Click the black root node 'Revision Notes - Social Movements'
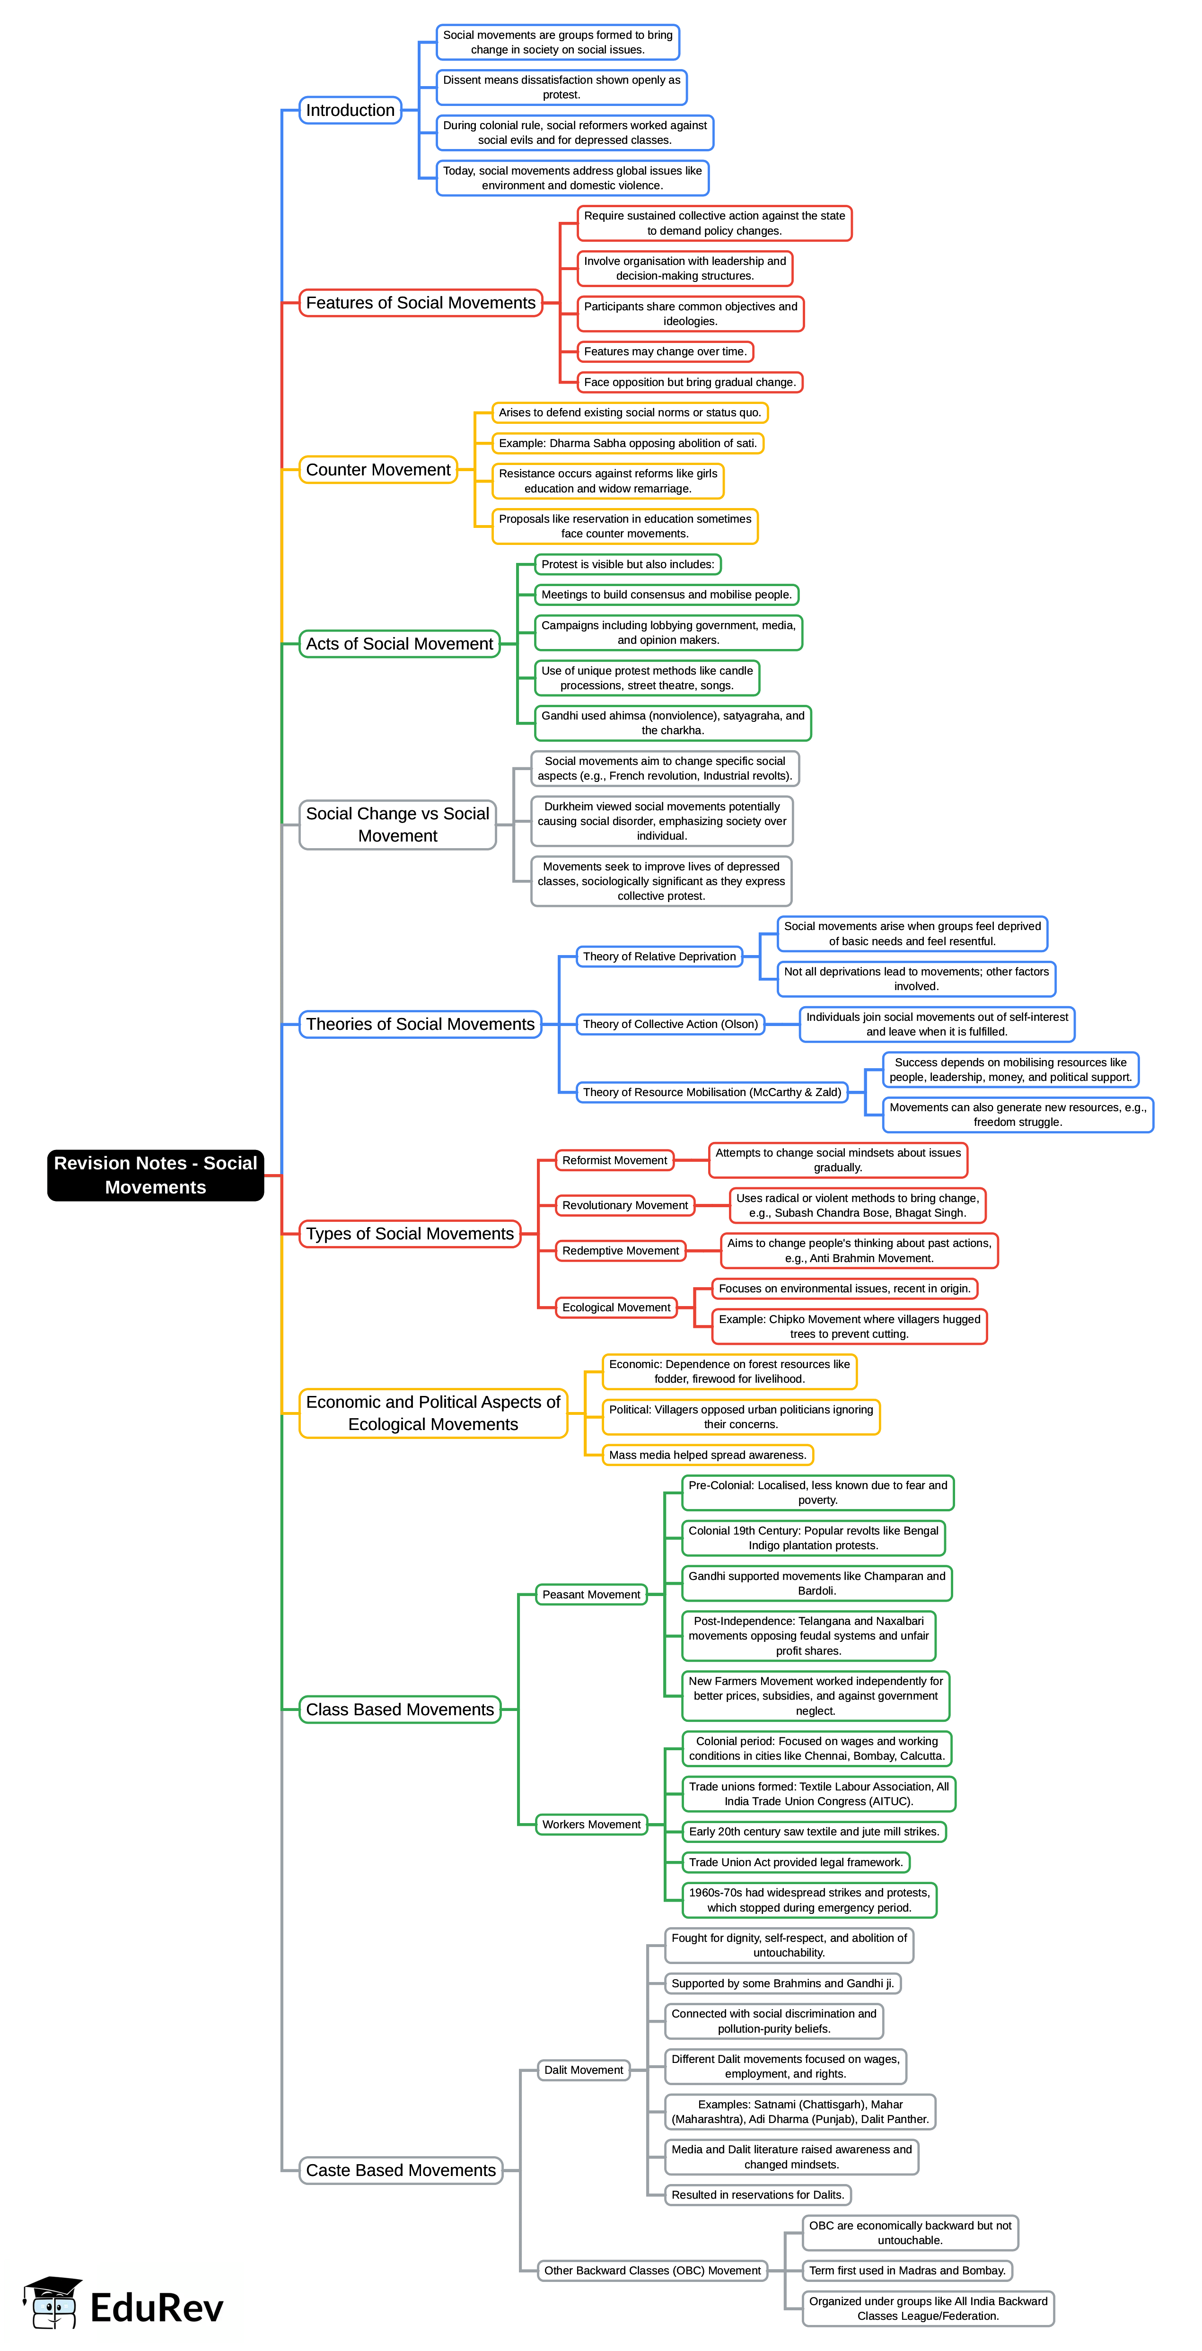[155, 1175]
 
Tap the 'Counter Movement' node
[378, 470]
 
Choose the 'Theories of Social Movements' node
[420, 1024]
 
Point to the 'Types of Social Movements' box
[410, 1234]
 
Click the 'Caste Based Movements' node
[401, 2170]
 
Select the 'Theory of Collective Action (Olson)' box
[670, 1024]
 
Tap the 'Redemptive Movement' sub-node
[621, 1250]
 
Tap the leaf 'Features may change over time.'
[665, 351]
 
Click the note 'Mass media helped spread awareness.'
[707, 1455]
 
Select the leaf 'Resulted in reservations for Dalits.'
[757, 2195]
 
